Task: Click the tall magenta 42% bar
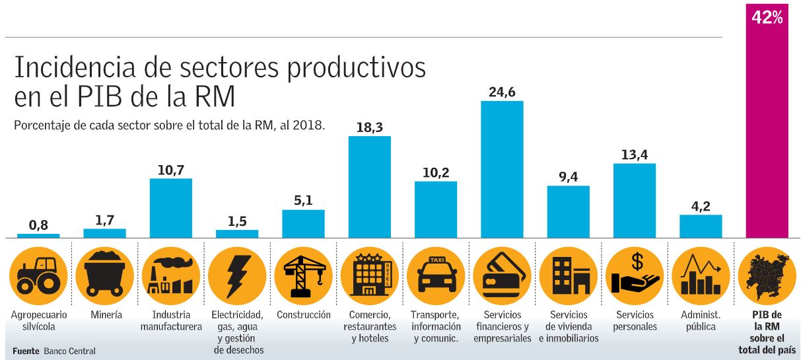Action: (766, 126)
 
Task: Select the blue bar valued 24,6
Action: (502, 169)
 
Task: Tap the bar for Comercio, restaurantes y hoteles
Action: (369, 186)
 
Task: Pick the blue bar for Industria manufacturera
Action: (171, 207)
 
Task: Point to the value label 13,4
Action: (634, 155)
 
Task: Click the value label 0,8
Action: (39, 225)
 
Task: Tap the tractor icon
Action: (38, 274)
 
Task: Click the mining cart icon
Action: (104, 274)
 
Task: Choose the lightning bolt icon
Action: (236, 274)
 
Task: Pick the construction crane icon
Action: (303, 274)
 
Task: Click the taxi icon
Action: (435, 274)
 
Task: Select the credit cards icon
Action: (502, 274)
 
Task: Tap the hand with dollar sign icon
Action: (634, 274)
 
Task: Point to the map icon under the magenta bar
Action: (766, 274)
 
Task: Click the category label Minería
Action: (106, 315)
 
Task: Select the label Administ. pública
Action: (700, 320)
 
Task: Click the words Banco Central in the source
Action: (69, 351)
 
